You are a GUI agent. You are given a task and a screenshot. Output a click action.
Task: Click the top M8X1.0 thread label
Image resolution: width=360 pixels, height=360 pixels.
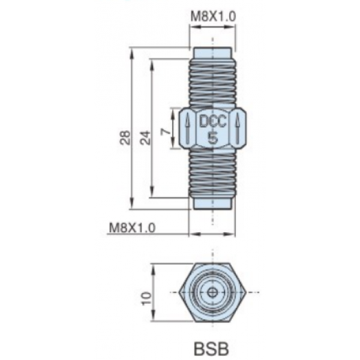click(213, 17)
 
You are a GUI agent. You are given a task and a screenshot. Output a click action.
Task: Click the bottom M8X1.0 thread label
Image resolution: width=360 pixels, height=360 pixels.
click(132, 228)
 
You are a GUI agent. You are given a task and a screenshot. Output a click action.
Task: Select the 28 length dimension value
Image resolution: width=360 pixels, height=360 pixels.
click(125, 137)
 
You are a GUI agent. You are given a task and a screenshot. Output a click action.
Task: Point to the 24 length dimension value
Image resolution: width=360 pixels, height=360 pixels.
click(145, 137)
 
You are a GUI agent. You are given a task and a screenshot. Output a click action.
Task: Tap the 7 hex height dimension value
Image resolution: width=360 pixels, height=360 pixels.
click(166, 131)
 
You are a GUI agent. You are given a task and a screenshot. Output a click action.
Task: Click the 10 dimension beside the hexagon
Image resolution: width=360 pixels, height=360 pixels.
click(147, 298)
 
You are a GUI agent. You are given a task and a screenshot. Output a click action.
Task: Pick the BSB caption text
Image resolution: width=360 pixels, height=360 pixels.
click(211, 349)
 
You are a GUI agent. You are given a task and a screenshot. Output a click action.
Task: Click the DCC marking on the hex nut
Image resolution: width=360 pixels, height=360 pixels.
click(213, 121)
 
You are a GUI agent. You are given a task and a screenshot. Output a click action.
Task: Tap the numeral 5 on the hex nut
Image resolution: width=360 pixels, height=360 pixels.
click(213, 138)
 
